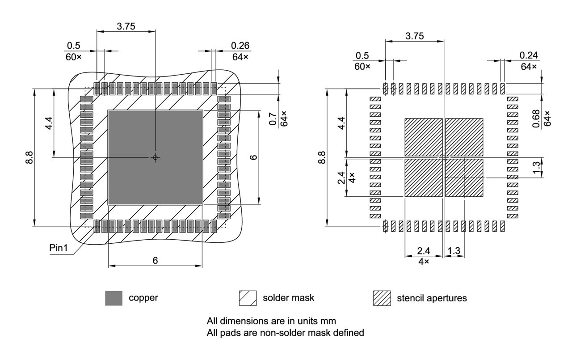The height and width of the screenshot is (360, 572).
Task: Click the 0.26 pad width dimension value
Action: [x=240, y=46]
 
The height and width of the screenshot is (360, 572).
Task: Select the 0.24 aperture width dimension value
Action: [x=529, y=55]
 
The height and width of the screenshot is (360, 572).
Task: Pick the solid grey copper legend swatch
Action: [x=114, y=298]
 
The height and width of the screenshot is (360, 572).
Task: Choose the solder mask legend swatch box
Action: [x=248, y=298]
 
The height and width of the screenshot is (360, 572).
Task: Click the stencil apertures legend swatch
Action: [x=382, y=298]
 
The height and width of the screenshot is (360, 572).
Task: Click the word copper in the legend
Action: [x=143, y=298]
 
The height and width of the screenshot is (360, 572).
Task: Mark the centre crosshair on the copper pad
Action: [x=155, y=157]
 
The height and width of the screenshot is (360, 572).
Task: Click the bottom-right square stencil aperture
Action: [x=464, y=178]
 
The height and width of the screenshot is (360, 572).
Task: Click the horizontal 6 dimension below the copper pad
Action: [x=155, y=260]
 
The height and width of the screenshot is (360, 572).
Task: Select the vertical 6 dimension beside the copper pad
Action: [x=253, y=157]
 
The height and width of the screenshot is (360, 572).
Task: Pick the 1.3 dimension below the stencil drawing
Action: [x=454, y=251]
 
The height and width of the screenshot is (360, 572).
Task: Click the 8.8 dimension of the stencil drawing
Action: [x=321, y=157]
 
